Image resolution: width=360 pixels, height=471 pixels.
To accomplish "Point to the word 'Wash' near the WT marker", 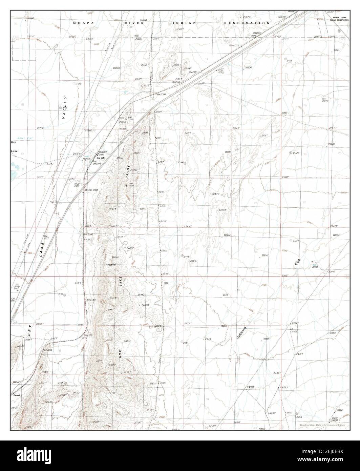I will click(298, 262).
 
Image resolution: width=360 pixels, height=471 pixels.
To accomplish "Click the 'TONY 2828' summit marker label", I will click(131, 185).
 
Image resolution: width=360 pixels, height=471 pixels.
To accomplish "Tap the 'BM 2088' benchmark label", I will click(161, 94).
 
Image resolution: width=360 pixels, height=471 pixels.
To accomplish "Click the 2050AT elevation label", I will click(249, 68).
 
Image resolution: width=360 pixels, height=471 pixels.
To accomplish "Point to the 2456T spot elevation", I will click(283, 387).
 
